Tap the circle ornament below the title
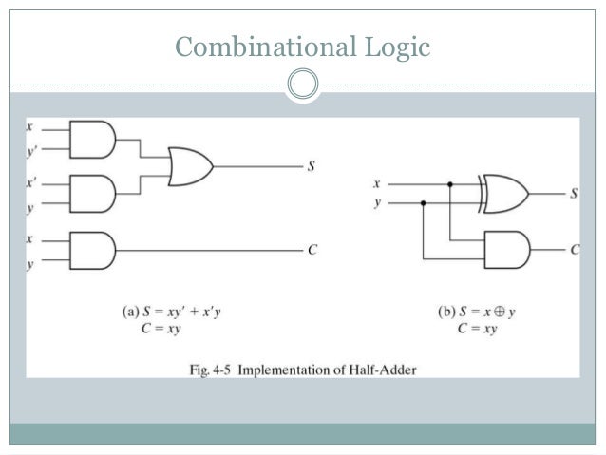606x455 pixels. (x=303, y=84)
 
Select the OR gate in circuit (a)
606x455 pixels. (x=190, y=165)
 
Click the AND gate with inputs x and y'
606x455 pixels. (x=92, y=140)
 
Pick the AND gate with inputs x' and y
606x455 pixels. (x=92, y=193)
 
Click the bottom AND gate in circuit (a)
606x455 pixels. (x=92, y=250)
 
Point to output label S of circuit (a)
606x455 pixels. (x=311, y=166)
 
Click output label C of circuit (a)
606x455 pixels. (x=311, y=250)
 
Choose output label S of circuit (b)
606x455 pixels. (x=574, y=194)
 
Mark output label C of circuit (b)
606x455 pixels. (x=575, y=250)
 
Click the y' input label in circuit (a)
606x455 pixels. (x=31, y=150)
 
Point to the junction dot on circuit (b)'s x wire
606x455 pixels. (x=450, y=184)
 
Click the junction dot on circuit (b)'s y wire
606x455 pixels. (x=423, y=202)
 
